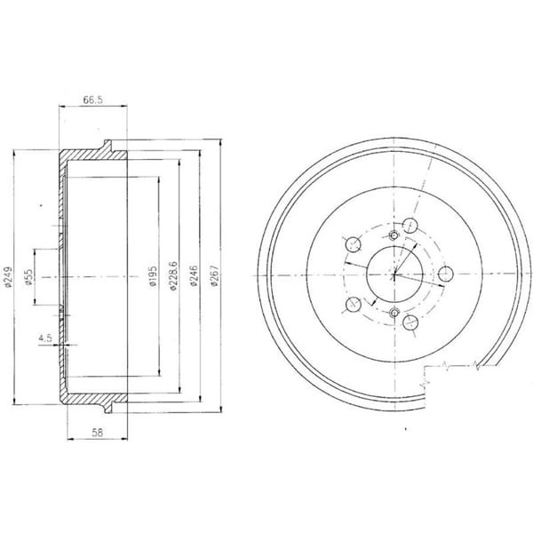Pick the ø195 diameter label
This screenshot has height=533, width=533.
[x=152, y=278]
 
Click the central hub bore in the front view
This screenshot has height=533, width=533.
[x=393, y=274]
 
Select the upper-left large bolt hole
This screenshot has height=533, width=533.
[x=353, y=243]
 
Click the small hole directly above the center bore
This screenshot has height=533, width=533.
[x=393, y=235]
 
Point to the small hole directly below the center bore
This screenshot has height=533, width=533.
[x=393, y=312]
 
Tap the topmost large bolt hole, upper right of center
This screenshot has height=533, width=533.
[x=410, y=225]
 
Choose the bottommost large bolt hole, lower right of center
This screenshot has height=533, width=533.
[x=412, y=323]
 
